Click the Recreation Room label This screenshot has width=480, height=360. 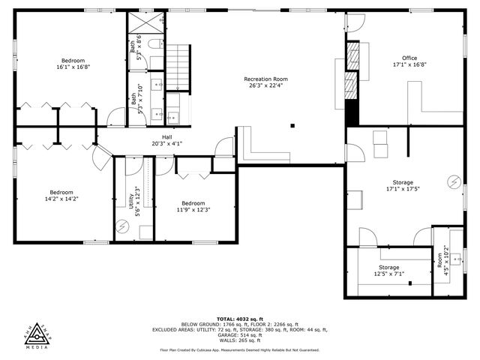(x=265, y=79)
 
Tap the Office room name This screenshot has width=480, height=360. (x=409, y=58)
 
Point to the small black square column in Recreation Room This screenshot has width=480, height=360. (x=293, y=126)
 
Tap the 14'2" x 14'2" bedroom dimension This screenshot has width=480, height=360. (x=61, y=198)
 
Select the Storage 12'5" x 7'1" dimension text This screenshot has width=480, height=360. (x=388, y=274)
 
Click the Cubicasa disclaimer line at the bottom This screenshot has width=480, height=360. (x=240, y=350)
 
